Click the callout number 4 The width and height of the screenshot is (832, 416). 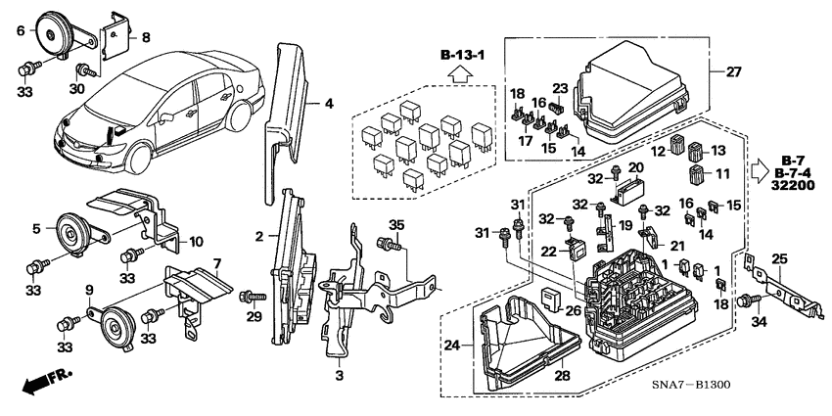(x=330, y=102)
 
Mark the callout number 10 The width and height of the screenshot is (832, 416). (x=195, y=242)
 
